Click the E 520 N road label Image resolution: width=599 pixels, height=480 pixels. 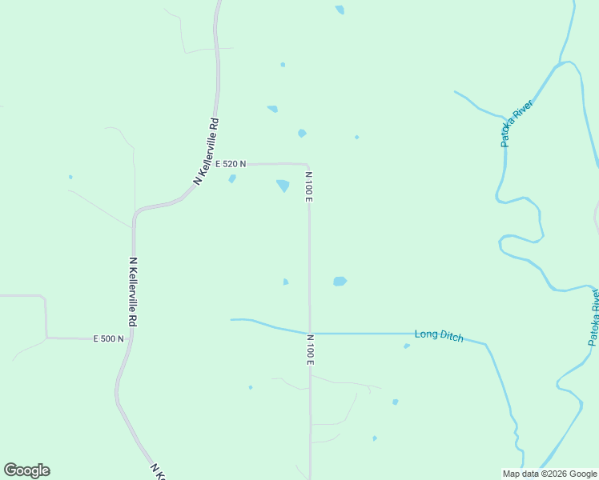click(231, 164)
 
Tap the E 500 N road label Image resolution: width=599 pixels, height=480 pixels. click(108, 338)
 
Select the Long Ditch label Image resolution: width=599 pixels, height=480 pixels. click(439, 336)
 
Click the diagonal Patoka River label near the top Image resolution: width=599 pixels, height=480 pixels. click(517, 122)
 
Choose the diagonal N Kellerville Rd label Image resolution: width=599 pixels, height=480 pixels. click(206, 152)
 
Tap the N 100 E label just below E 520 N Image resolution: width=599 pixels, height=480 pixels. click(308, 186)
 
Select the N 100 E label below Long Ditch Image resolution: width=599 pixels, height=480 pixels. click(309, 350)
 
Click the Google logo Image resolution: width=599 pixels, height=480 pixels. click(27, 470)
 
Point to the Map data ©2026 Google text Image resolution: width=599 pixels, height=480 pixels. click(549, 474)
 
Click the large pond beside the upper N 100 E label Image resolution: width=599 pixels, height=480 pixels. click(283, 186)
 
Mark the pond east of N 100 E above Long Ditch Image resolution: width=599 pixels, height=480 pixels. click(340, 282)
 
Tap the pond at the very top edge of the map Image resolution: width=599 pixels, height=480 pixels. click(340, 10)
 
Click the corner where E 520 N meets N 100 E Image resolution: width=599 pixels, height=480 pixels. click(307, 165)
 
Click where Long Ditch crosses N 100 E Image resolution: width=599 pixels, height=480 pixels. click(310, 333)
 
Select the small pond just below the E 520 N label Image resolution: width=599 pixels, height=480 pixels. click(232, 179)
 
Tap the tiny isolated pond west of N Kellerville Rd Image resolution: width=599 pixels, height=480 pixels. click(70, 177)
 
